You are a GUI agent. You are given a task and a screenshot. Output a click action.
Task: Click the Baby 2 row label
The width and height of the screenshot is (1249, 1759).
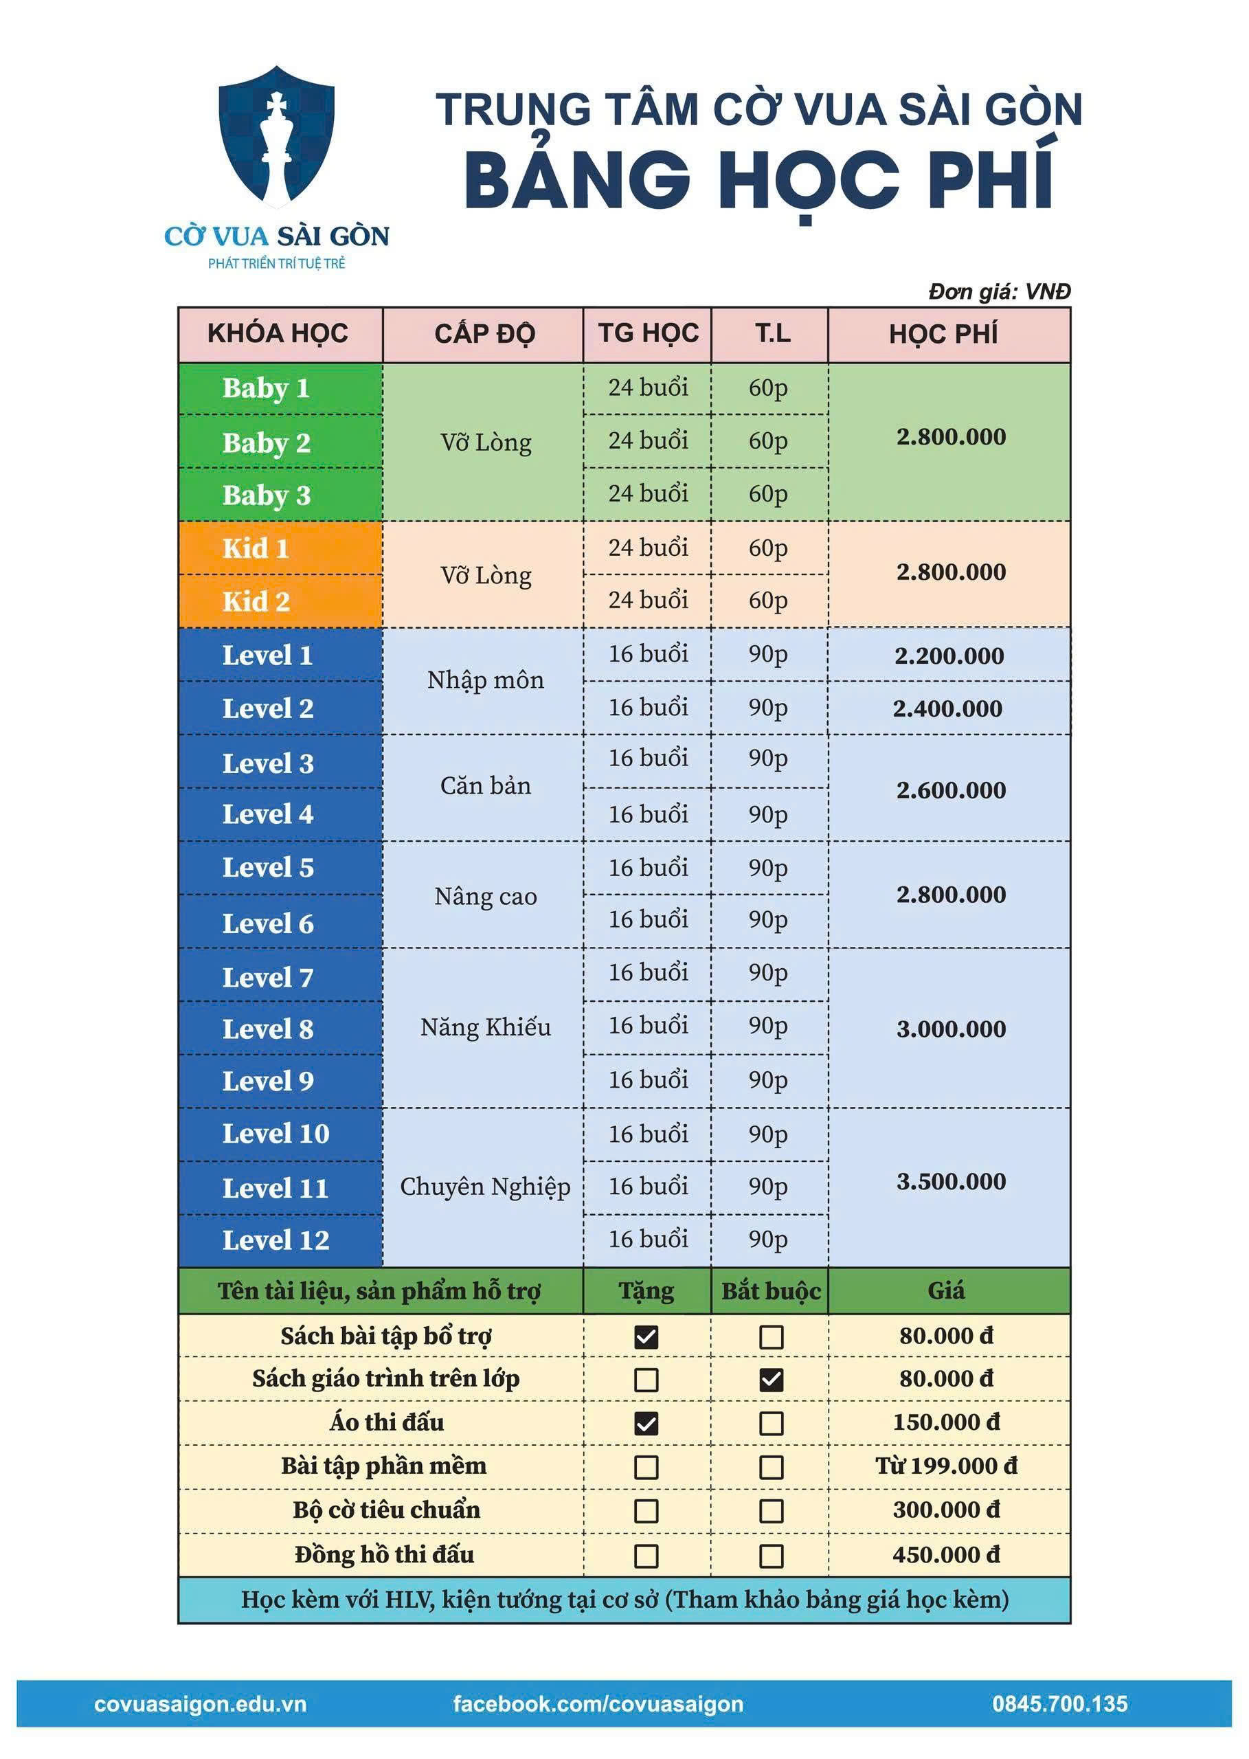[x=266, y=443]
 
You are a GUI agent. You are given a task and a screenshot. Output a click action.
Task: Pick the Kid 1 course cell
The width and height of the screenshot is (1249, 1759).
[x=256, y=548]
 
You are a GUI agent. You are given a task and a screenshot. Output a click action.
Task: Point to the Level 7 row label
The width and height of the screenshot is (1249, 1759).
[x=268, y=978]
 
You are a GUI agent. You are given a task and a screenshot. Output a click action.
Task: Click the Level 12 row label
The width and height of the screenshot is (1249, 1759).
[x=275, y=1240]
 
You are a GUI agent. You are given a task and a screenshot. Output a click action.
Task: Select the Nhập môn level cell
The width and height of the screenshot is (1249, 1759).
[x=485, y=681]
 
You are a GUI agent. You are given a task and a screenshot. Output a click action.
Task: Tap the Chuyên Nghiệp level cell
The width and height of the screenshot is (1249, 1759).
[x=485, y=1187]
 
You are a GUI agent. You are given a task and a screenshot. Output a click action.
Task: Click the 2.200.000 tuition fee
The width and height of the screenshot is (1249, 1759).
[x=949, y=656]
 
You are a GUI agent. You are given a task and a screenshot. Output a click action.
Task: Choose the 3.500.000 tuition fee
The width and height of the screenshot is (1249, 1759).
[x=951, y=1181]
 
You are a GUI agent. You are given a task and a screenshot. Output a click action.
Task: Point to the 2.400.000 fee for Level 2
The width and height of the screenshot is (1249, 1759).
[x=947, y=708]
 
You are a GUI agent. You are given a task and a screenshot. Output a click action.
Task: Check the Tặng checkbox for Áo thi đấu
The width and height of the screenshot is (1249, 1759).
[x=646, y=1424]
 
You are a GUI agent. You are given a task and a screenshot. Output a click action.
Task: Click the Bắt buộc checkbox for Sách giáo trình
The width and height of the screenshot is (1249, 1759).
[x=772, y=1380]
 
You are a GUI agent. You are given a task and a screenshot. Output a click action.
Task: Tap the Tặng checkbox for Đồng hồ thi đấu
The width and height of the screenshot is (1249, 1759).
[x=646, y=1556]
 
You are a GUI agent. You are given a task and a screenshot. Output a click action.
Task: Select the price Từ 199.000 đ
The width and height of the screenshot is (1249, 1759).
[x=946, y=1466]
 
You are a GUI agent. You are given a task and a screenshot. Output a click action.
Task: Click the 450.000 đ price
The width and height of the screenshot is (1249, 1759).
[x=946, y=1555]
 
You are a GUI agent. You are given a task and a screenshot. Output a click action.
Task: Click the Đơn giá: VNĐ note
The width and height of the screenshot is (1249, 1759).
[x=999, y=291]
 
